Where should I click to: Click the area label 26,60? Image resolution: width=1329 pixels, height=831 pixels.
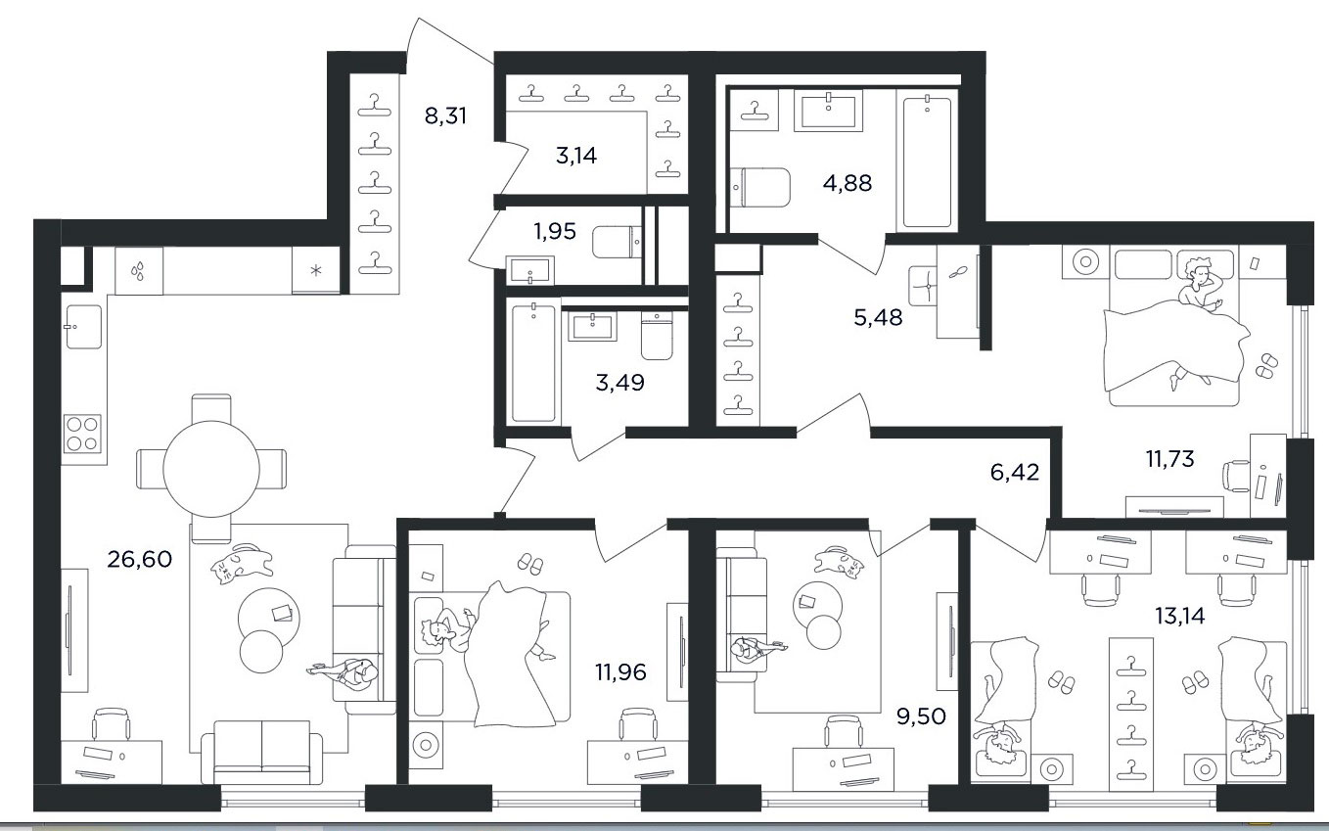point(139,559)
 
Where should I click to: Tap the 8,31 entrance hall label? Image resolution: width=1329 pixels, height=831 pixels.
point(445,115)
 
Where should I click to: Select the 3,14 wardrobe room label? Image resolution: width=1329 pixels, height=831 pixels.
point(576,156)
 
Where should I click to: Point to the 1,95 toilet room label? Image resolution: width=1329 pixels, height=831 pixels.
point(555,231)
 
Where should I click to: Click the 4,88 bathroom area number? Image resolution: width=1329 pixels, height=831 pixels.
point(848,183)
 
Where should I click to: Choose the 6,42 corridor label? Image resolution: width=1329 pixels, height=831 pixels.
point(1015,473)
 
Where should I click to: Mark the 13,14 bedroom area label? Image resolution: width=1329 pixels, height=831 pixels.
point(1179,616)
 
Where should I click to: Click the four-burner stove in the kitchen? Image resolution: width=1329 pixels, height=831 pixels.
point(82,434)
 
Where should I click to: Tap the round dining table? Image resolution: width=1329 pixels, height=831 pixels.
point(211,469)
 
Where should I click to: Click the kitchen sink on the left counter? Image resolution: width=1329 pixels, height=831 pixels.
point(83,327)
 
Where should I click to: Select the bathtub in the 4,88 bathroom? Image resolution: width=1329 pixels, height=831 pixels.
point(927,161)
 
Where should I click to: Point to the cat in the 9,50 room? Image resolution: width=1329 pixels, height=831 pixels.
point(839,560)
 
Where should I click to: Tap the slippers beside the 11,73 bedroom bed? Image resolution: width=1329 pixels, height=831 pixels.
point(1266,365)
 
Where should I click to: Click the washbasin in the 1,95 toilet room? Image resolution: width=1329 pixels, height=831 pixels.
point(529,270)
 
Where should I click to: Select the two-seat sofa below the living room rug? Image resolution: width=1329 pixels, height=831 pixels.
point(261,752)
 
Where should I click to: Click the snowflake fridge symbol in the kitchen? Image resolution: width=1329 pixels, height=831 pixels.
point(316,271)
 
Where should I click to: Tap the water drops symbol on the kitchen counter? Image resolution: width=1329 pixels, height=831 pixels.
point(138,271)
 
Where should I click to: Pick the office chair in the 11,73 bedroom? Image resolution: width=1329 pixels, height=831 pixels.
point(1236,476)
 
